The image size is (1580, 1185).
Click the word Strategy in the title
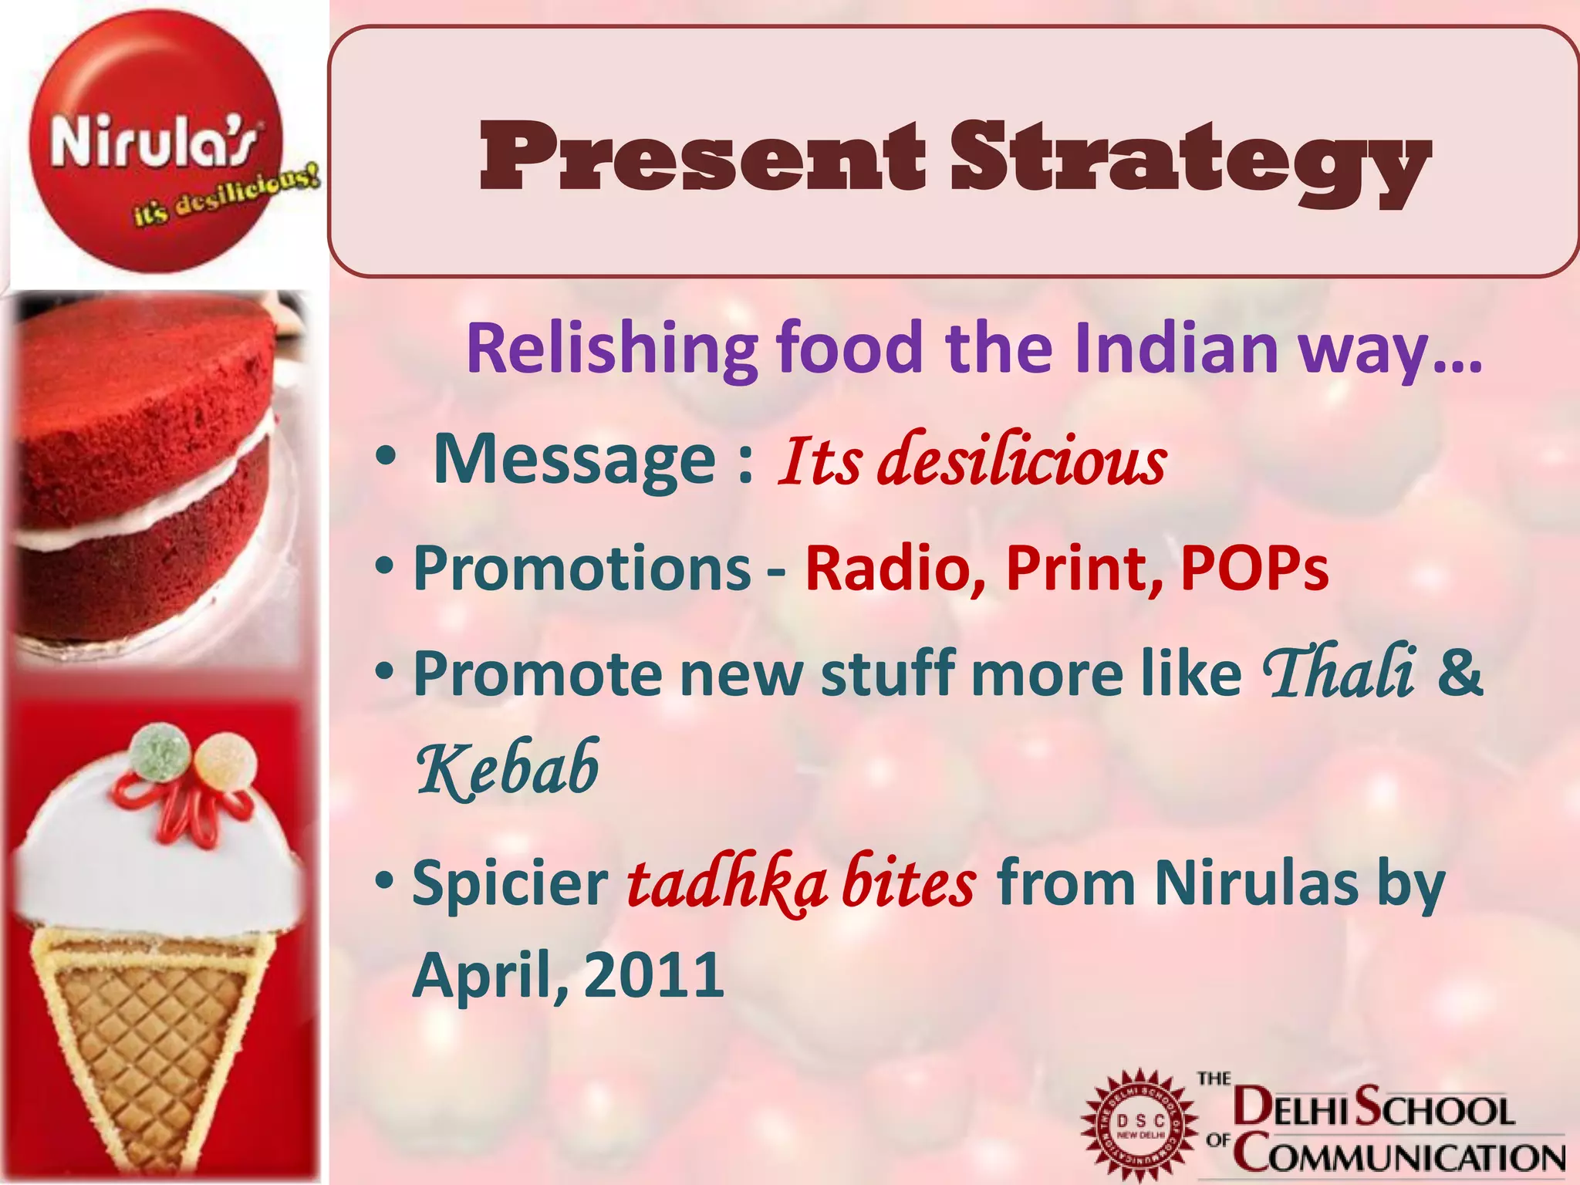(x=1190, y=162)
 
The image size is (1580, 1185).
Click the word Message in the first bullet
(x=575, y=460)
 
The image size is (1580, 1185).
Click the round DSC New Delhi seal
(x=1139, y=1125)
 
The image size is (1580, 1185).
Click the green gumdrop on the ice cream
(x=159, y=751)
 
